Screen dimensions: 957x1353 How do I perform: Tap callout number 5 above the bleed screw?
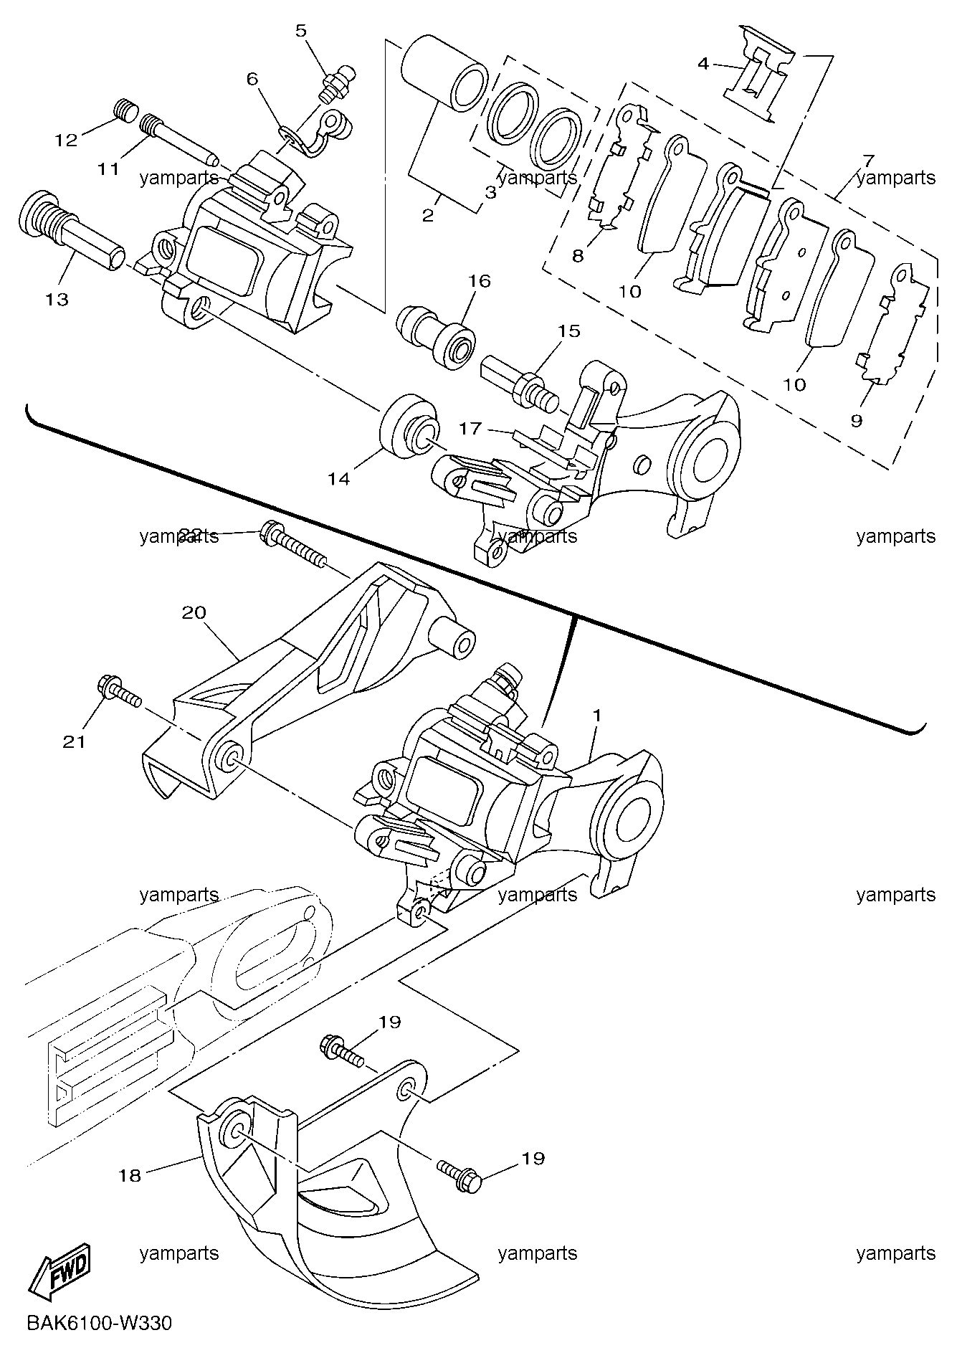(300, 30)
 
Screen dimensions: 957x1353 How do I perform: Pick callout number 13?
(57, 299)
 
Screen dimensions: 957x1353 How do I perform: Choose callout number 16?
(480, 280)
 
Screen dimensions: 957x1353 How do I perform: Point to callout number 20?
(194, 612)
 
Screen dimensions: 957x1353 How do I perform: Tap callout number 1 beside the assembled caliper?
(596, 715)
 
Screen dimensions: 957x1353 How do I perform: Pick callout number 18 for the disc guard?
(130, 1175)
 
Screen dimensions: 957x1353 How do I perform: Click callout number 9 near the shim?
(856, 421)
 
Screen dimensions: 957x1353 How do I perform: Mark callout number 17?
(470, 429)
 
